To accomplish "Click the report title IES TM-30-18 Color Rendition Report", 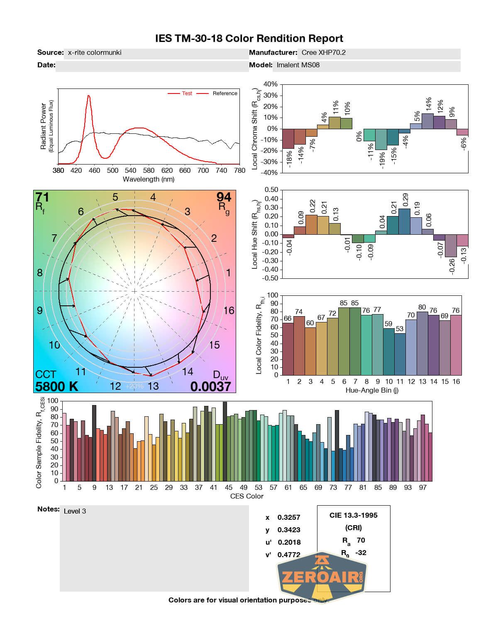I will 249,39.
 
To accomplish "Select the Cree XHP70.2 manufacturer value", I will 323,53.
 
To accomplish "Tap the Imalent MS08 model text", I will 298,65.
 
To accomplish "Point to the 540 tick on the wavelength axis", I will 130,170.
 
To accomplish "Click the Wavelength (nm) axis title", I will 148,179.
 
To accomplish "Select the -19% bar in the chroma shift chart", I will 381,139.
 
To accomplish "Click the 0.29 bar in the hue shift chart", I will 404,221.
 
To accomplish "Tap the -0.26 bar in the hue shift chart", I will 451,246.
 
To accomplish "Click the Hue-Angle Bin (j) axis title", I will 372,391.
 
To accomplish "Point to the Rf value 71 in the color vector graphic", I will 42,197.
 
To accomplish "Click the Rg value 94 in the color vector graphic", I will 224,197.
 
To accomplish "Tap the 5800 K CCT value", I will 56,387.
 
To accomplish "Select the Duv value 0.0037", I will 210,387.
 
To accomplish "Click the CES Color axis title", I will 247,496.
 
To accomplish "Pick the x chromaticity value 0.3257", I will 288,518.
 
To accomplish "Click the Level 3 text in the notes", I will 75,511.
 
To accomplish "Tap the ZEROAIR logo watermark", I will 322,577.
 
